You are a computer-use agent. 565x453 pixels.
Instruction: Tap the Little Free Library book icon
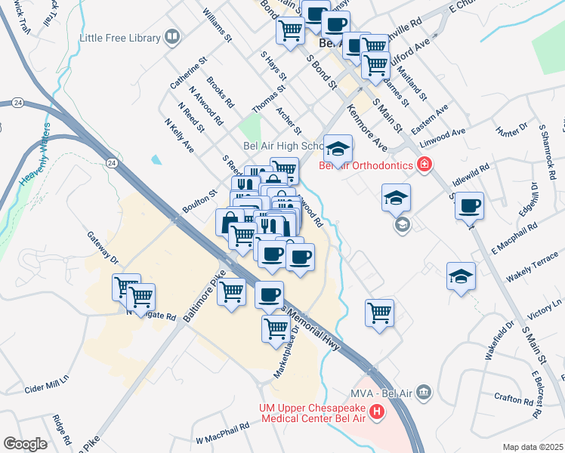tap(173, 37)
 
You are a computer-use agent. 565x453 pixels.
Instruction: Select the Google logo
tap(25, 444)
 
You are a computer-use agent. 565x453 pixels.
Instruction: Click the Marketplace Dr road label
tap(286, 361)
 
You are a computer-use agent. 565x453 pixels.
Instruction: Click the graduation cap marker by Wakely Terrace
tap(461, 276)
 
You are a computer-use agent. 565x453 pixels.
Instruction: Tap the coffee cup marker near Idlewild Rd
tap(469, 205)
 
